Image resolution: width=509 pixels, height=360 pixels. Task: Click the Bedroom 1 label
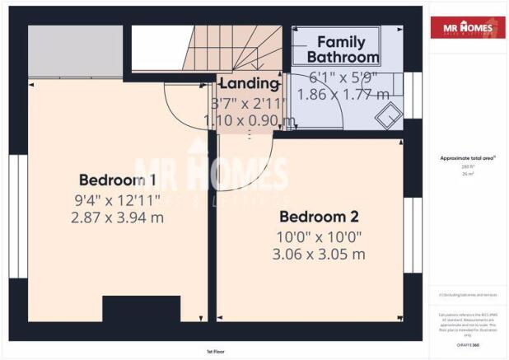117,180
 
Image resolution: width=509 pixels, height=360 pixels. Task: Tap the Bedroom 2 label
319,217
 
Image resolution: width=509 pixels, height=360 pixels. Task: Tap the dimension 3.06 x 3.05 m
319,254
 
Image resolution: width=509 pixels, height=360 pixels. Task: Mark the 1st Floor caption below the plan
217,351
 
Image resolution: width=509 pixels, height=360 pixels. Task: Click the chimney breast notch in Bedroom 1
140,308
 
